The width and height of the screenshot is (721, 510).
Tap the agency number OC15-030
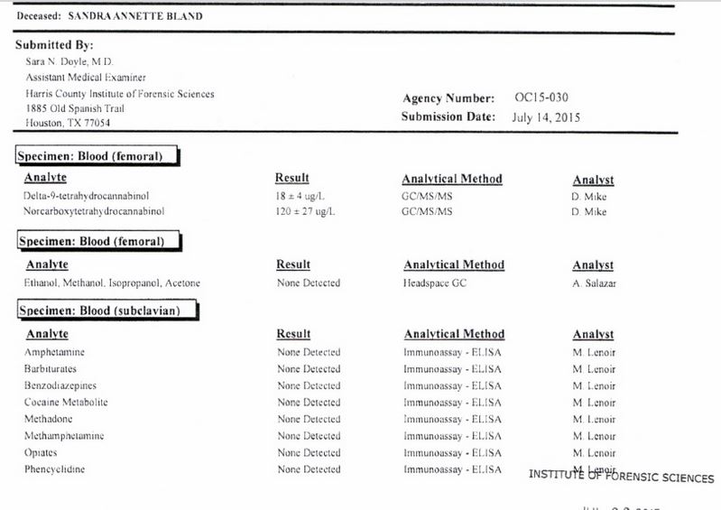541,97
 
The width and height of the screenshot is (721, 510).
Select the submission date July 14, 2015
547,116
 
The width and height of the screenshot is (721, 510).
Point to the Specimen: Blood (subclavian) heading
106,311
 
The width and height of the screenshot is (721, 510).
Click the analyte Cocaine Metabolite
66,402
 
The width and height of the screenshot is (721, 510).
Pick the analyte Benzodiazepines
62,385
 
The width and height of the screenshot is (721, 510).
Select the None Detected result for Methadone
309,419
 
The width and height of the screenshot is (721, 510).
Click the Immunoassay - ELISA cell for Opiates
452,452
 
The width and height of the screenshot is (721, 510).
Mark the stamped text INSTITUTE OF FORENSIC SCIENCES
621,478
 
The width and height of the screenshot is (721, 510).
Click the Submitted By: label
54,45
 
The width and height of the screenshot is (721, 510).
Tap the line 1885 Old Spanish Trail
75,108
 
